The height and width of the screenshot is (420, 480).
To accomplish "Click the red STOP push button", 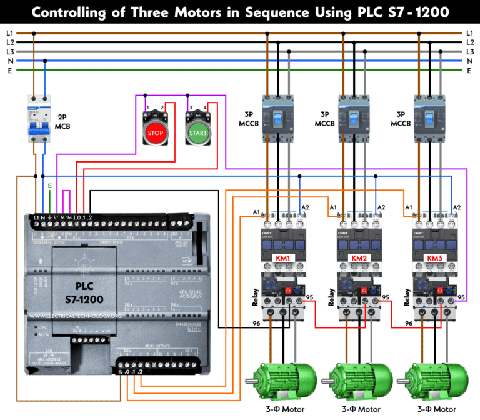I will [155, 132].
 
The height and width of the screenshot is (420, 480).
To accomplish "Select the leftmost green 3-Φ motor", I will [282, 379].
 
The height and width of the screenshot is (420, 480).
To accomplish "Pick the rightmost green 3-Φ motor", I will [435, 379].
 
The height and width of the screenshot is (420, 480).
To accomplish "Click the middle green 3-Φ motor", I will [359, 379].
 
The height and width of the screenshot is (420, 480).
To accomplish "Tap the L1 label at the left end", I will [9, 32].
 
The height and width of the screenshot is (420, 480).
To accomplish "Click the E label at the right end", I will [469, 71].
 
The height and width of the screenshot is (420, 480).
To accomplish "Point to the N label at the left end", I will [9, 61].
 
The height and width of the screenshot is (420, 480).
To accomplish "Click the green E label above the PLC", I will [50, 186].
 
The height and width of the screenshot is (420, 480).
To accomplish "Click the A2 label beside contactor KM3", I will [457, 207].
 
